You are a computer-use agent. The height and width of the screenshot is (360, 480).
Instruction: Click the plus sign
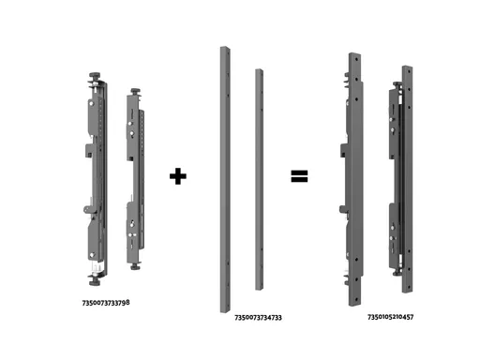pos(178,176)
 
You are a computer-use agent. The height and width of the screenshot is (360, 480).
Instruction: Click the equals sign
pos(299,176)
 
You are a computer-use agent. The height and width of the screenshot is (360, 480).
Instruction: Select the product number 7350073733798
pos(106,303)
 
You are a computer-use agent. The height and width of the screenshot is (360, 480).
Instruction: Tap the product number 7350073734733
pos(258,318)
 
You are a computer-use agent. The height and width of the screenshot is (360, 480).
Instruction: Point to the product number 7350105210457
pos(391,317)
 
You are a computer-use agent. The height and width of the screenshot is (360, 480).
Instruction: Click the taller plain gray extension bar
pos(225,180)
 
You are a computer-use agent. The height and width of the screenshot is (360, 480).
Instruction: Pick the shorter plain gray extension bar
pos(259,180)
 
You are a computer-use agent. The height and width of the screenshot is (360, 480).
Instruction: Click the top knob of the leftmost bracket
pos(95,76)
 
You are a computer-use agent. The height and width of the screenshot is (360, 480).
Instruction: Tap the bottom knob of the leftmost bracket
pos(95,282)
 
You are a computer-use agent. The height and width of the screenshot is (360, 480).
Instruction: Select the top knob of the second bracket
pos(135,91)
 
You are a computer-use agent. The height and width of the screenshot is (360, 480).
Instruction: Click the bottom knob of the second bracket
pos(135,266)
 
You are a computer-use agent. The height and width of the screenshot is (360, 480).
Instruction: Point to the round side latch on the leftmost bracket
pos(87,209)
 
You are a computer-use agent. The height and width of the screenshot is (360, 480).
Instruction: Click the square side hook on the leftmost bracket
pos(89,150)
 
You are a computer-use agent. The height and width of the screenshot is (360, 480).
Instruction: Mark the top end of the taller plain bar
pos(225,48)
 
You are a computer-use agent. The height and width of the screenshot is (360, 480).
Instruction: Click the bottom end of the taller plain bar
pos(225,311)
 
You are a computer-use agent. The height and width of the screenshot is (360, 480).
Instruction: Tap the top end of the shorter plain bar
pos(259,69)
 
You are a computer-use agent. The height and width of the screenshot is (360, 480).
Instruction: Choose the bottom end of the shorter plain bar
pos(259,289)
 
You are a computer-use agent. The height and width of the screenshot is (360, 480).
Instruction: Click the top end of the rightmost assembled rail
pos(407,67)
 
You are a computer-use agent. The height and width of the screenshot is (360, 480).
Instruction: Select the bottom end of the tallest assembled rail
pos(355,304)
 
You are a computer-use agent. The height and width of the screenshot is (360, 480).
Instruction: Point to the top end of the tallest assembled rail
pos(354,54)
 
